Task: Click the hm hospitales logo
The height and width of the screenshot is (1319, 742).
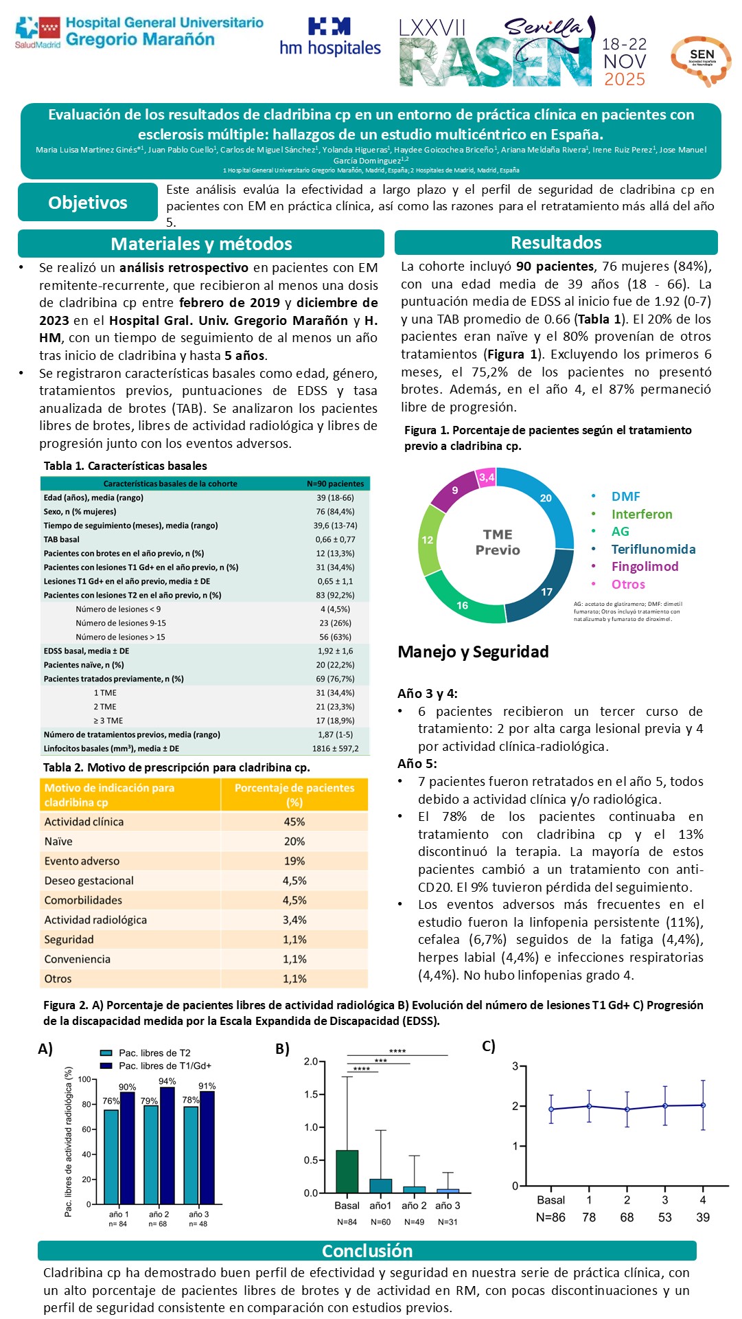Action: [x=329, y=38]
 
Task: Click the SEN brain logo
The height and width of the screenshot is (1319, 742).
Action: [x=701, y=60]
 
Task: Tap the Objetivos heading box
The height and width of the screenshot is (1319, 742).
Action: [x=88, y=203]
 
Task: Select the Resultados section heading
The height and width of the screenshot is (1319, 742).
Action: [x=556, y=243]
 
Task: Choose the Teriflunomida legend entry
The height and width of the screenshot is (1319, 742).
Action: [x=653, y=549]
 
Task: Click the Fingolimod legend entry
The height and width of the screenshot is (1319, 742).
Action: [x=645, y=566]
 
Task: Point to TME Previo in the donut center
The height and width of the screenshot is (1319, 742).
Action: [x=498, y=542]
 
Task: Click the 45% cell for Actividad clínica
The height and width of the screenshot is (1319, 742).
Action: [x=294, y=822]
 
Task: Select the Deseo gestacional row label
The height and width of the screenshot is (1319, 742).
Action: [x=89, y=881]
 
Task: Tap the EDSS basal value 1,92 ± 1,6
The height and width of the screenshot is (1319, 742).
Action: [x=335, y=651]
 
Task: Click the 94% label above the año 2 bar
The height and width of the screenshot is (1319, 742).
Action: [x=167, y=1081]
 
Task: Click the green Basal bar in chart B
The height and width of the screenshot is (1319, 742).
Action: [x=347, y=1171]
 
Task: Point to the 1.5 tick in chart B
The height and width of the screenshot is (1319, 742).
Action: [x=311, y=1094]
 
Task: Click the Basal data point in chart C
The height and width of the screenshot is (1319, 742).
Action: [x=550, y=1109]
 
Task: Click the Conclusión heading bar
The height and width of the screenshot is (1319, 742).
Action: [x=367, y=1250]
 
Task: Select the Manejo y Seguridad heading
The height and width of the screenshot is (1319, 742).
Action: [x=473, y=651]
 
